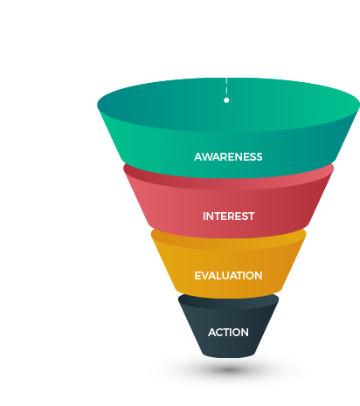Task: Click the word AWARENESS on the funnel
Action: click(x=228, y=157)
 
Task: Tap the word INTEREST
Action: click(x=229, y=217)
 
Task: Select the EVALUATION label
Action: click(x=228, y=276)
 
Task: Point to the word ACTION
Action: click(x=228, y=333)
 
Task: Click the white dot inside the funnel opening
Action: click(x=226, y=100)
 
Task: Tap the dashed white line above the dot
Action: click(x=226, y=86)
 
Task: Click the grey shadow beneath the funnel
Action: click(x=229, y=369)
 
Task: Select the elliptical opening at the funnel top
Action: click(x=229, y=105)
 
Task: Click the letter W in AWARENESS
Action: click(x=207, y=157)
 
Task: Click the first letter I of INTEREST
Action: click(x=204, y=217)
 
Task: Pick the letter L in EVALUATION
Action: click(x=220, y=276)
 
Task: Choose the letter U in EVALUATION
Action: click(x=226, y=276)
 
